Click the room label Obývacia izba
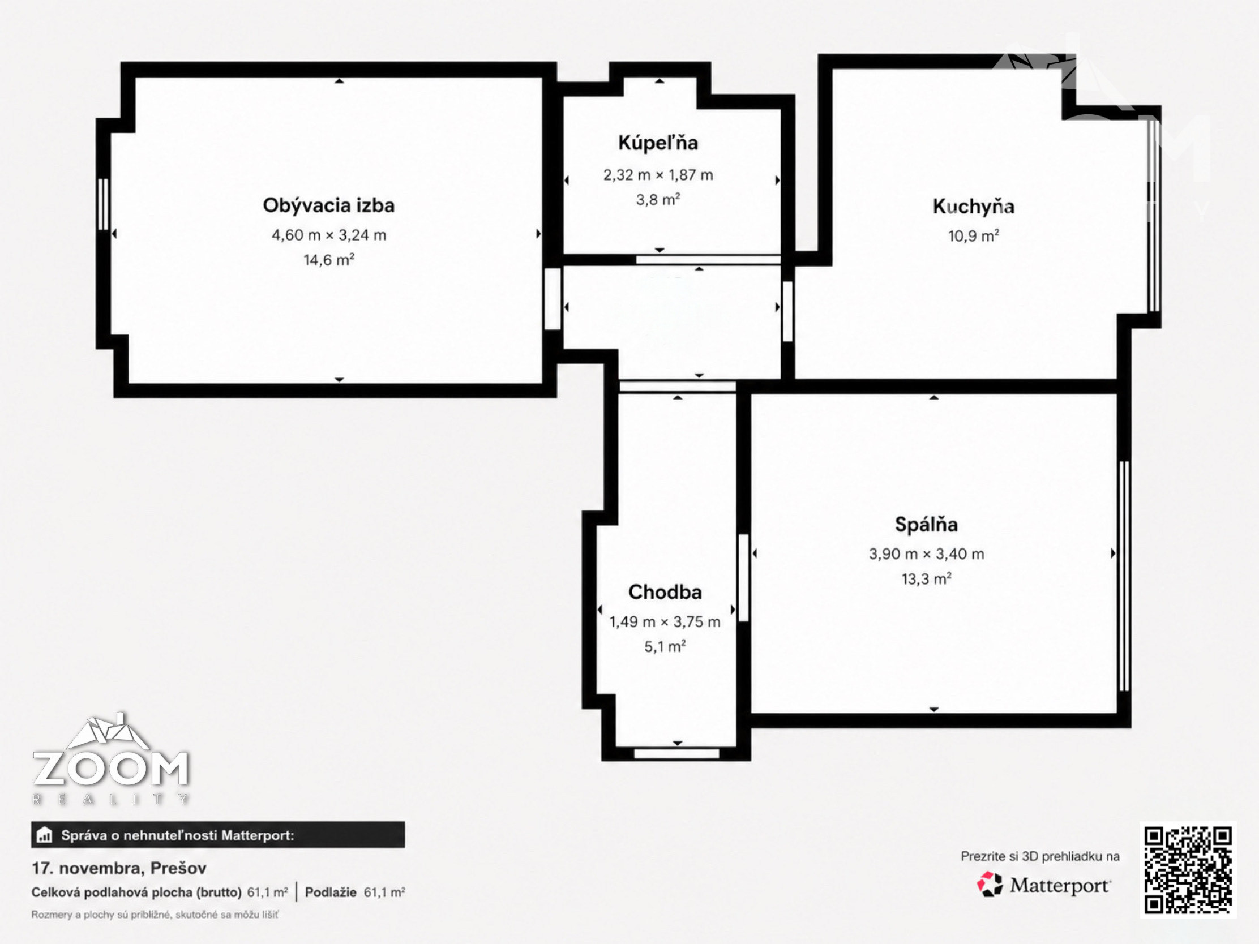tap(328, 205)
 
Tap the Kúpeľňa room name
tap(658, 142)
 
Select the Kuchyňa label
tap(973, 207)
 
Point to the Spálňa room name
tap(926, 524)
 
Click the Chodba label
tap(665, 592)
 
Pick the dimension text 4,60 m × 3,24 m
tap(329, 235)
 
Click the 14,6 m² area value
tap(329, 260)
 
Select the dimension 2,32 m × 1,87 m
tap(658, 175)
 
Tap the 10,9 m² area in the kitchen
tap(974, 235)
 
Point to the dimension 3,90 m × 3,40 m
tap(926, 553)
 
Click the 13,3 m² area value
tap(927, 579)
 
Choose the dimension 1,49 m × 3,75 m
tap(665, 621)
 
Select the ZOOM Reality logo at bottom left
tap(110, 758)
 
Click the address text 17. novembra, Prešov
tap(119, 868)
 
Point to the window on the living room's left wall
tap(103, 204)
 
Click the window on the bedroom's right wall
tap(1124, 576)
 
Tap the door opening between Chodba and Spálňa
tap(743, 578)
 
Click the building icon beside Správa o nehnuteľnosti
tap(44, 835)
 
